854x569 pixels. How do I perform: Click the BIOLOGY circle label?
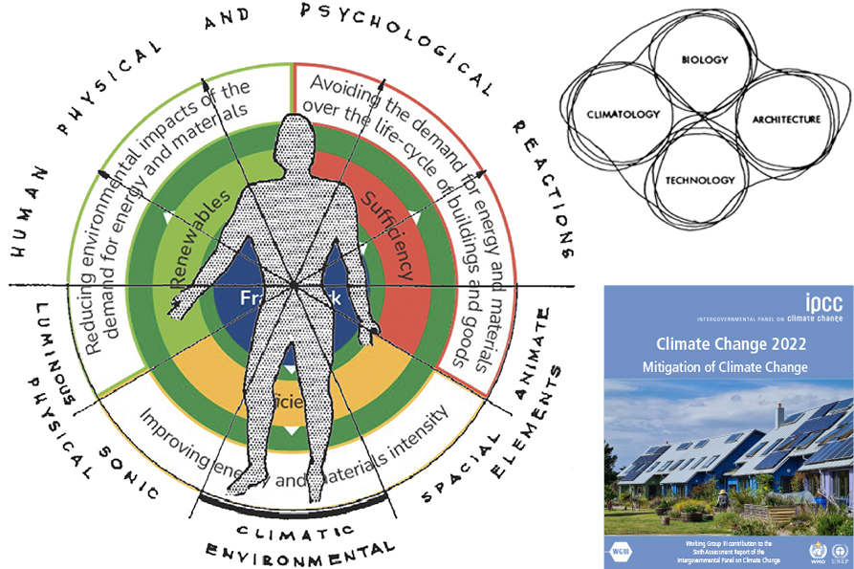click(x=704, y=60)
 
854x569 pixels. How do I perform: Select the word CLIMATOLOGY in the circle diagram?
click(x=623, y=115)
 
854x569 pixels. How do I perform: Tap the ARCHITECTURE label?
click(x=786, y=120)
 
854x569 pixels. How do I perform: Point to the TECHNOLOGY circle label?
click(x=700, y=180)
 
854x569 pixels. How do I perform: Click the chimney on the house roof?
click(x=780, y=413)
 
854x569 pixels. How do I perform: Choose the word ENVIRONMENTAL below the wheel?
click(x=298, y=553)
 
